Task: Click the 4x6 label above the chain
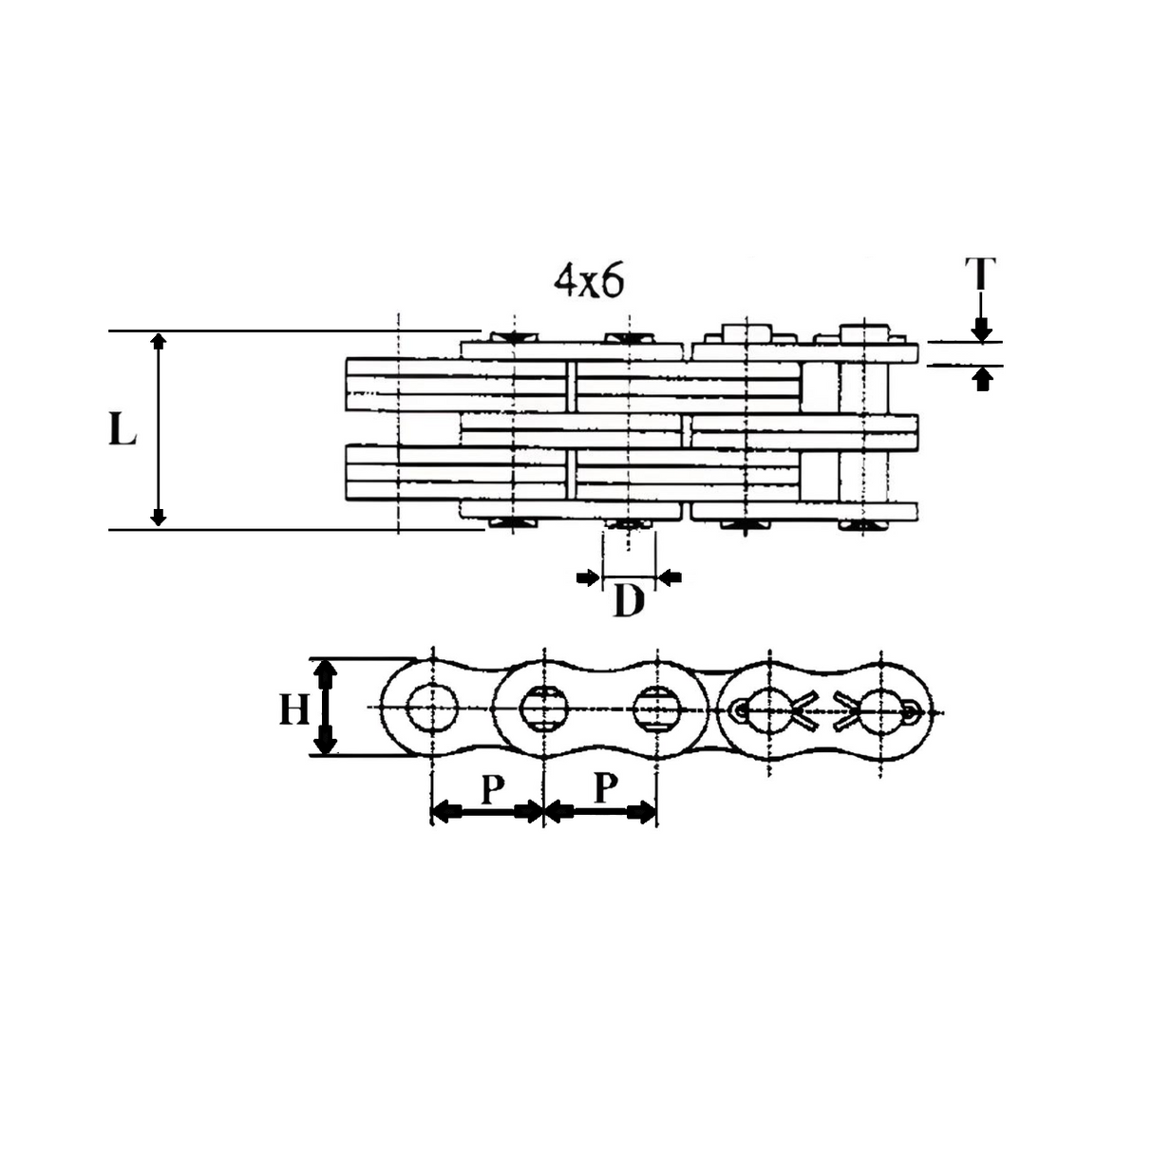(589, 282)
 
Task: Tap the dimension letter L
(122, 430)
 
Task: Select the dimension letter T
(981, 274)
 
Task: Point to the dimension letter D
(628, 601)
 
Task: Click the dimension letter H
(294, 709)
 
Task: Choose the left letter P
(490, 788)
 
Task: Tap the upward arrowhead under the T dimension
(984, 378)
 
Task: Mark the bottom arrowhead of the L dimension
(159, 518)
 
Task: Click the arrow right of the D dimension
(671, 576)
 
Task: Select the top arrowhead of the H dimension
(325, 672)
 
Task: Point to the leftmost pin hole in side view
(432, 707)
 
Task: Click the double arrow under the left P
(487, 812)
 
